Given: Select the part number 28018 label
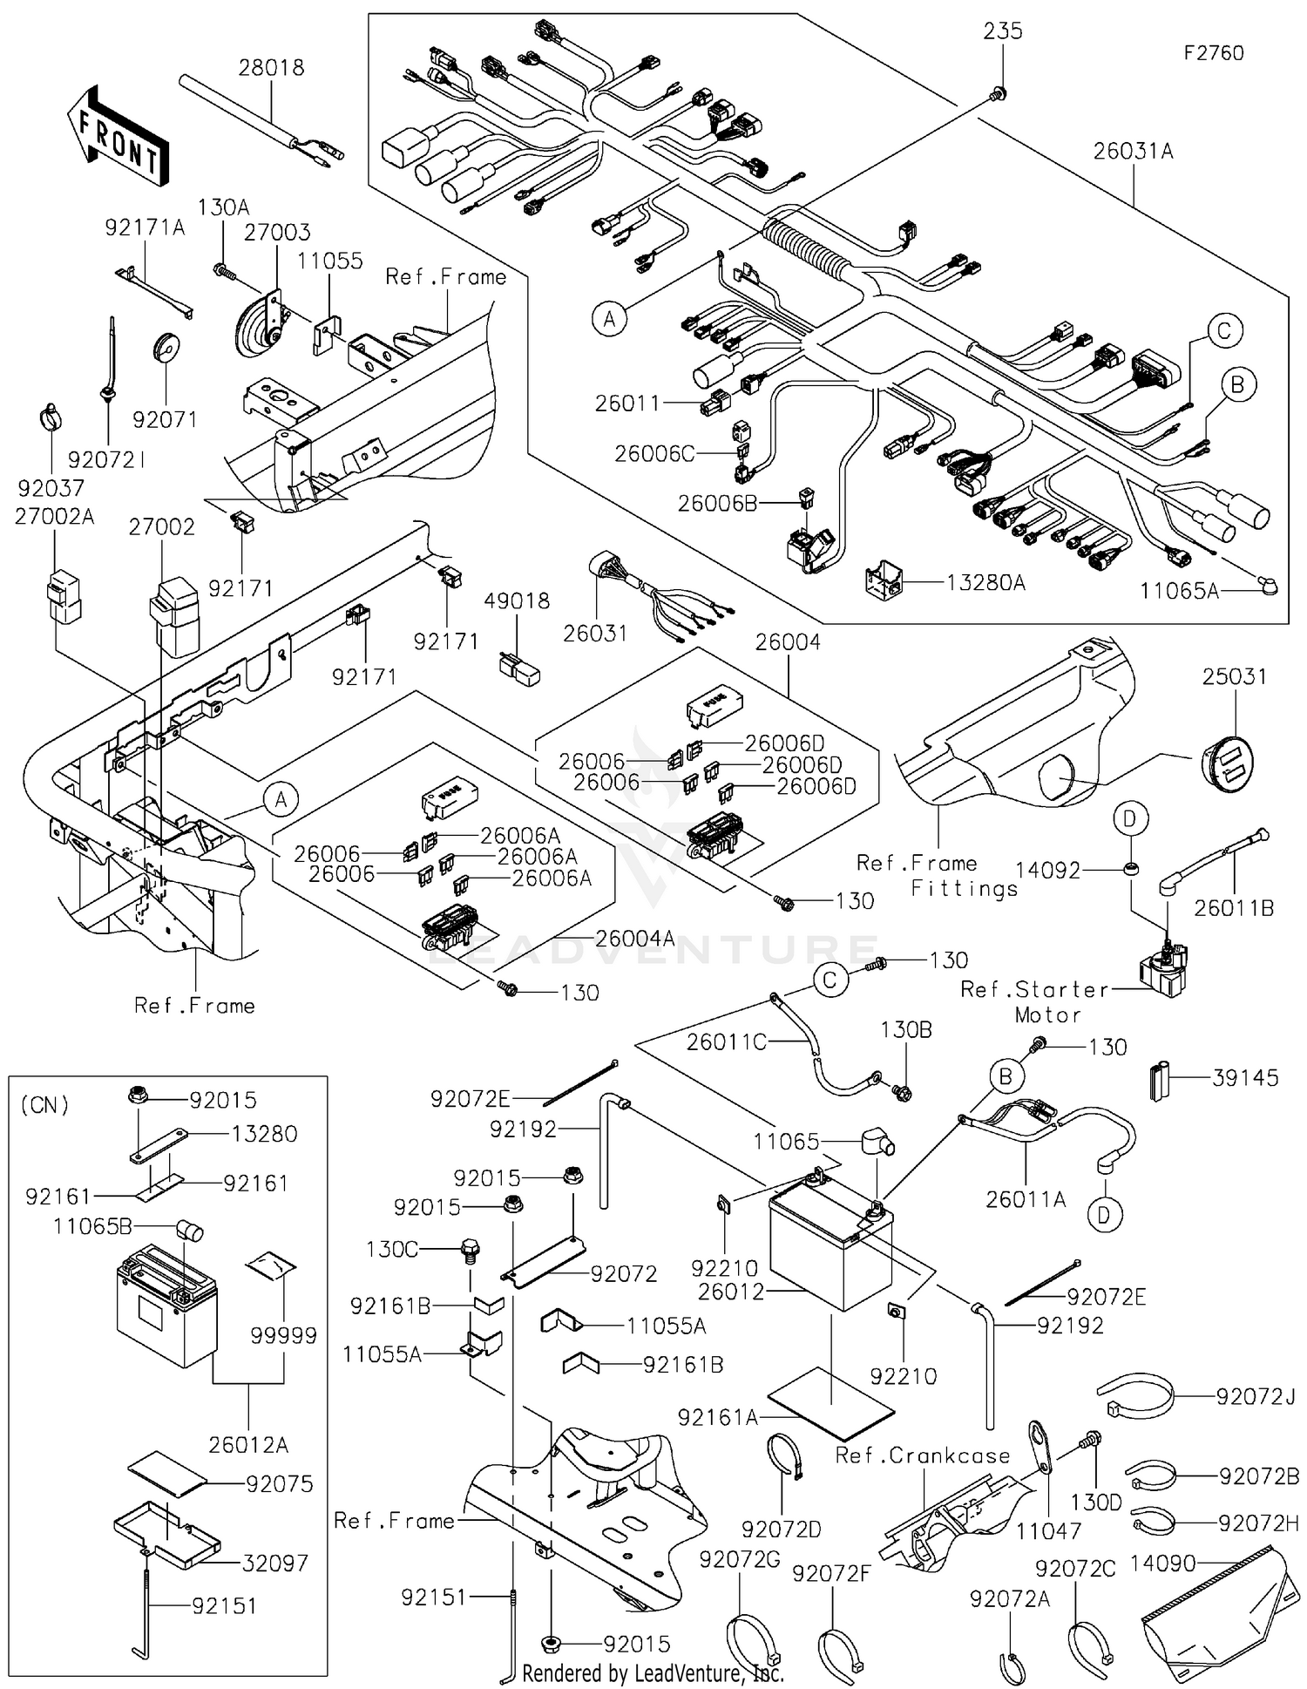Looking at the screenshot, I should tap(271, 68).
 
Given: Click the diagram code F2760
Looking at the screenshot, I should tap(1213, 53).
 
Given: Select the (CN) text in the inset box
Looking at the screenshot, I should tap(44, 1105).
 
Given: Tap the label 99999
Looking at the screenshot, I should tap(283, 1335).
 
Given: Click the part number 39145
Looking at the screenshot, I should tap(1245, 1077).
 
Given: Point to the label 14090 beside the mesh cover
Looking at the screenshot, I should tap(1162, 1563).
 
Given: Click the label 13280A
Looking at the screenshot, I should tap(985, 582).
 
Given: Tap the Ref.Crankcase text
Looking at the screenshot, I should tap(922, 1455).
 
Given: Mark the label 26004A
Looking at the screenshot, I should tap(634, 938).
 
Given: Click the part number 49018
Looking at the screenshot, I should tap(517, 600).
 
